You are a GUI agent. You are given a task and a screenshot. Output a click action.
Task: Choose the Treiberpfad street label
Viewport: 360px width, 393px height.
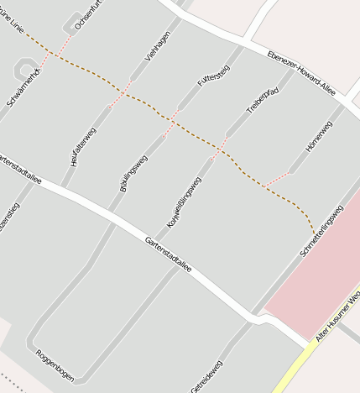tap(262, 98)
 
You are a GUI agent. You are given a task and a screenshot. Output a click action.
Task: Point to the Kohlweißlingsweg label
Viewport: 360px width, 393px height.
tap(185, 202)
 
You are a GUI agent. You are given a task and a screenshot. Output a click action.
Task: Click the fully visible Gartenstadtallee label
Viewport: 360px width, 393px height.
tap(169, 254)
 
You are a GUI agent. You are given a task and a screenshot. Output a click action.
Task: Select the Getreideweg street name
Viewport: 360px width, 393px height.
tap(206, 375)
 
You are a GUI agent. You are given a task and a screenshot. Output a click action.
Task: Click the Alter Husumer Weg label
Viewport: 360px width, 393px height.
tap(337, 317)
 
